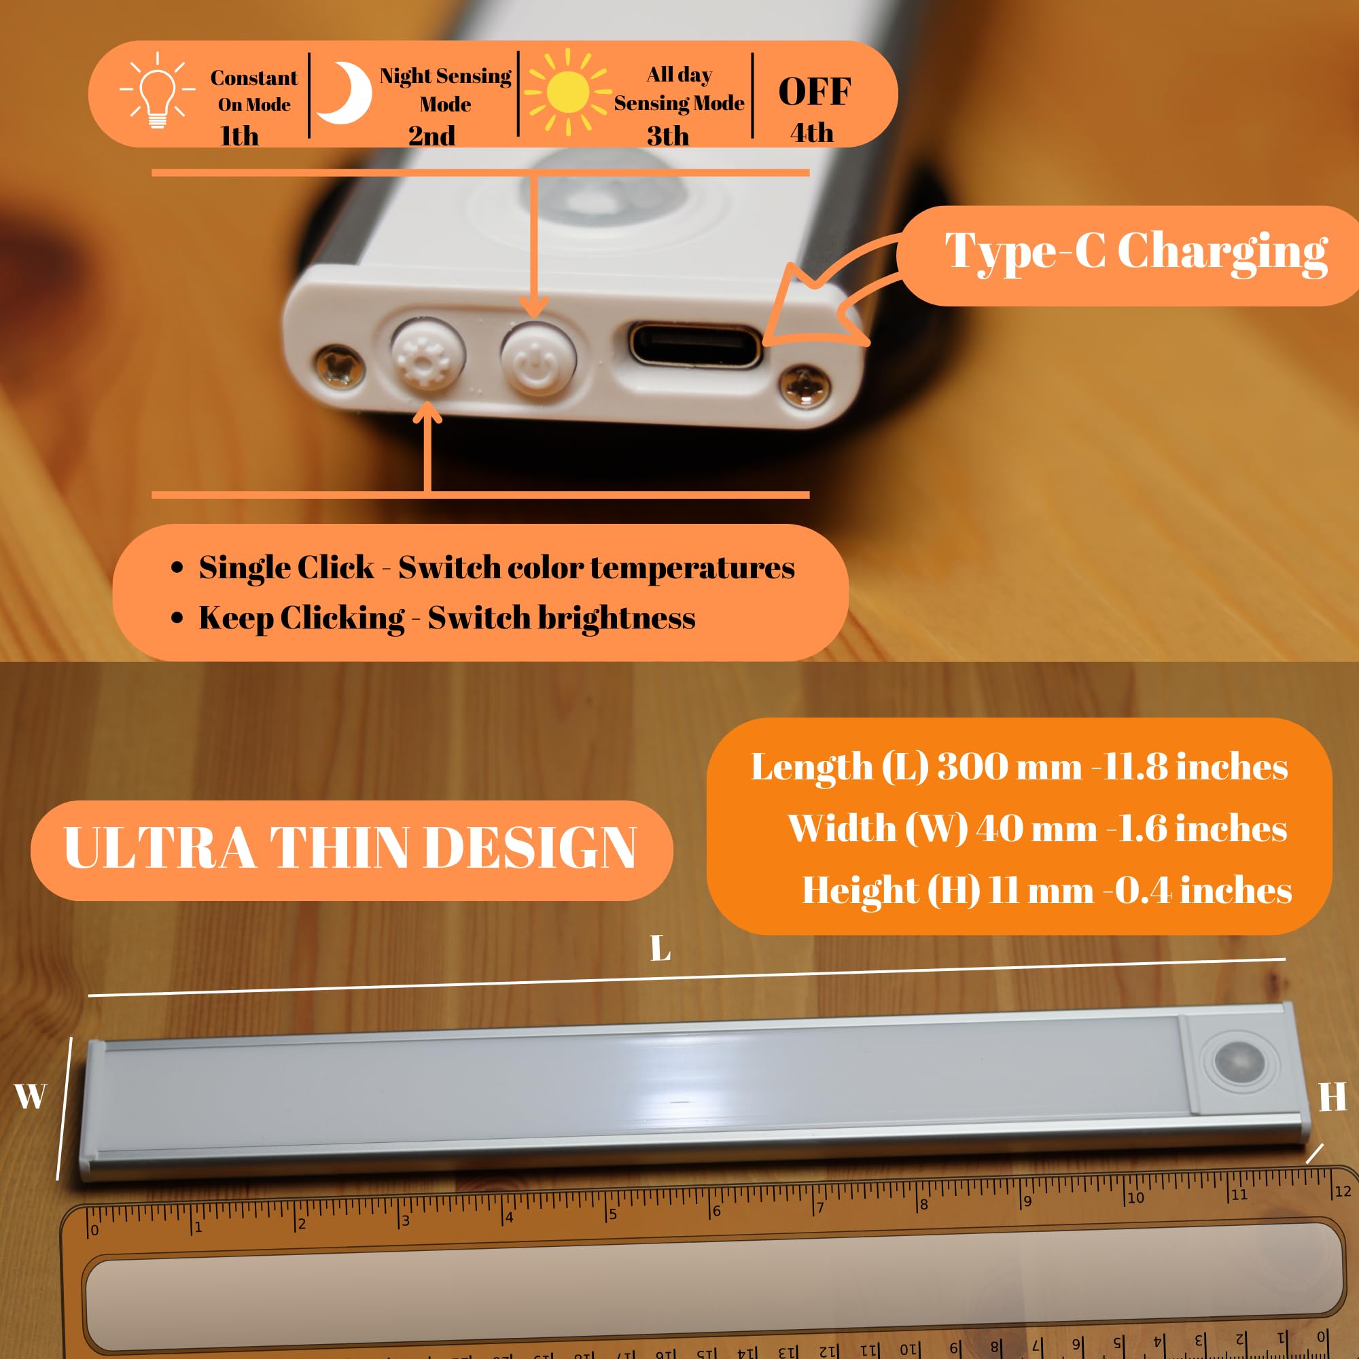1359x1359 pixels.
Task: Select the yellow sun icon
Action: point(567,92)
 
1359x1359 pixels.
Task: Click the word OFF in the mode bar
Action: point(815,92)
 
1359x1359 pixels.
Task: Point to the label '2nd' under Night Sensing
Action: point(432,136)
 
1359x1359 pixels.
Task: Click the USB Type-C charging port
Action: point(695,345)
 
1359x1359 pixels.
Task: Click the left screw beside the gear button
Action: point(340,364)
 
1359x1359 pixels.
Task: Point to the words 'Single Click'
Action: point(286,567)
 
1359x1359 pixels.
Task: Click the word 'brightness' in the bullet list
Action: point(616,618)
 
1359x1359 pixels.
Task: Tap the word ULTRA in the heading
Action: point(159,847)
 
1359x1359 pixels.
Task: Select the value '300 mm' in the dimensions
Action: point(1010,766)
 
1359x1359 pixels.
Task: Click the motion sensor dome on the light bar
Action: point(1239,1061)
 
